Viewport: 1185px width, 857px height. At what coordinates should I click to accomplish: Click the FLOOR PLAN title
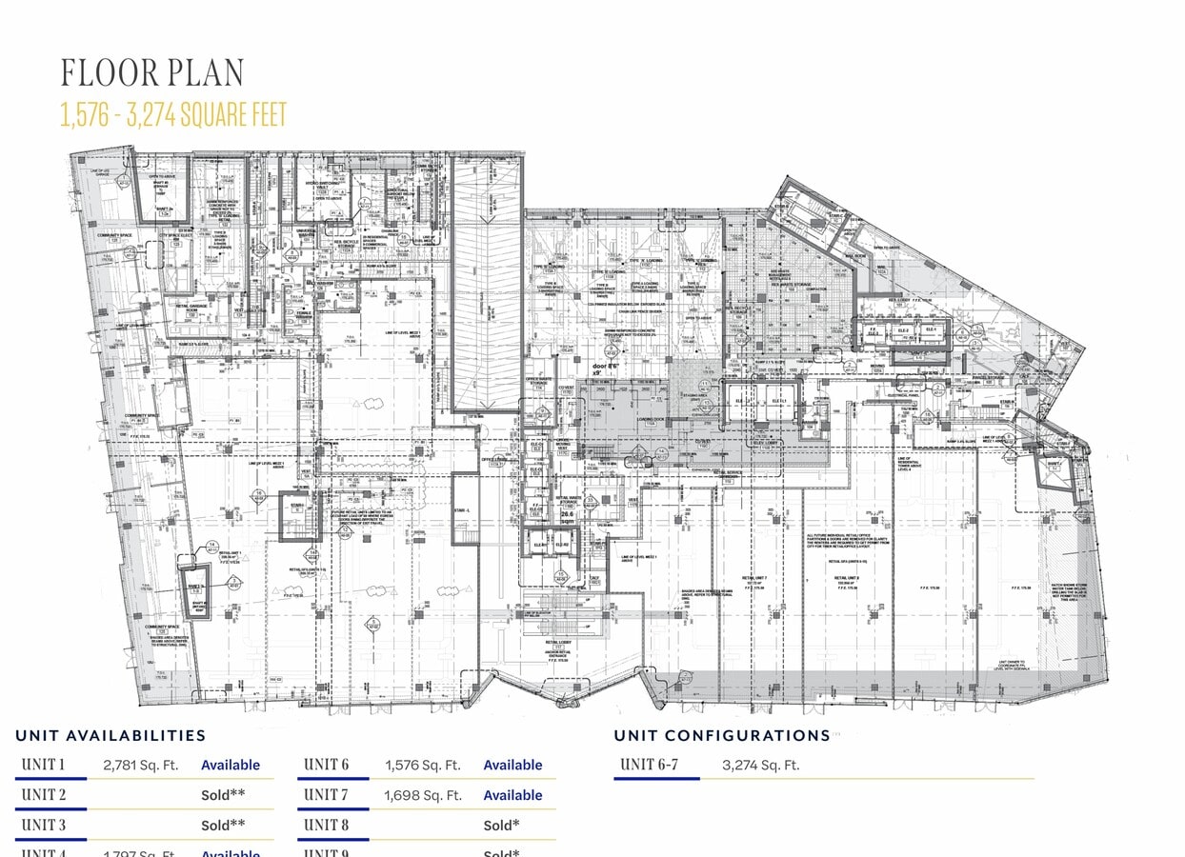[152, 73]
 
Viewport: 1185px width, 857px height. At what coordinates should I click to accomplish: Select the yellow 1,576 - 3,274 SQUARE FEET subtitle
[173, 115]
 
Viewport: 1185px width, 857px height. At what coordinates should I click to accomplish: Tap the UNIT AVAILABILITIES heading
[110, 735]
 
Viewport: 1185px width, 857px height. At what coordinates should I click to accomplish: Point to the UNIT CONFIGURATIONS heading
[722, 735]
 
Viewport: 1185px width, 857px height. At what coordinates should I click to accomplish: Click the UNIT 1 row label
[44, 765]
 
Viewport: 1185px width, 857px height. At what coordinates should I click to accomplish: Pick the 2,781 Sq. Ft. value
[140, 765]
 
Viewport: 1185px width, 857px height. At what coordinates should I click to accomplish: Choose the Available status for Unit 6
[512, 765]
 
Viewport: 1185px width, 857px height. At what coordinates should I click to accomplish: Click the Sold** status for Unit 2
[223, 795]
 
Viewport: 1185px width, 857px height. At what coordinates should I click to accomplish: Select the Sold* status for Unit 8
[501, 825]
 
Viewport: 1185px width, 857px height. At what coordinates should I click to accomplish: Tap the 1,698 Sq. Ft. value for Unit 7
[423, 795]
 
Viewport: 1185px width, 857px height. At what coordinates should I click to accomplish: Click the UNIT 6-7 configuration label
[649, 765]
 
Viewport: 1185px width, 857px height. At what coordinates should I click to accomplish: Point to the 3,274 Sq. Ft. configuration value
[760, 765]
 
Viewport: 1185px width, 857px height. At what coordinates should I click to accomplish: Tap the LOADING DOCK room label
[651, 418]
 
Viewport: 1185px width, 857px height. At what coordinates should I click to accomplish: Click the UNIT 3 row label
[44, 825]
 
